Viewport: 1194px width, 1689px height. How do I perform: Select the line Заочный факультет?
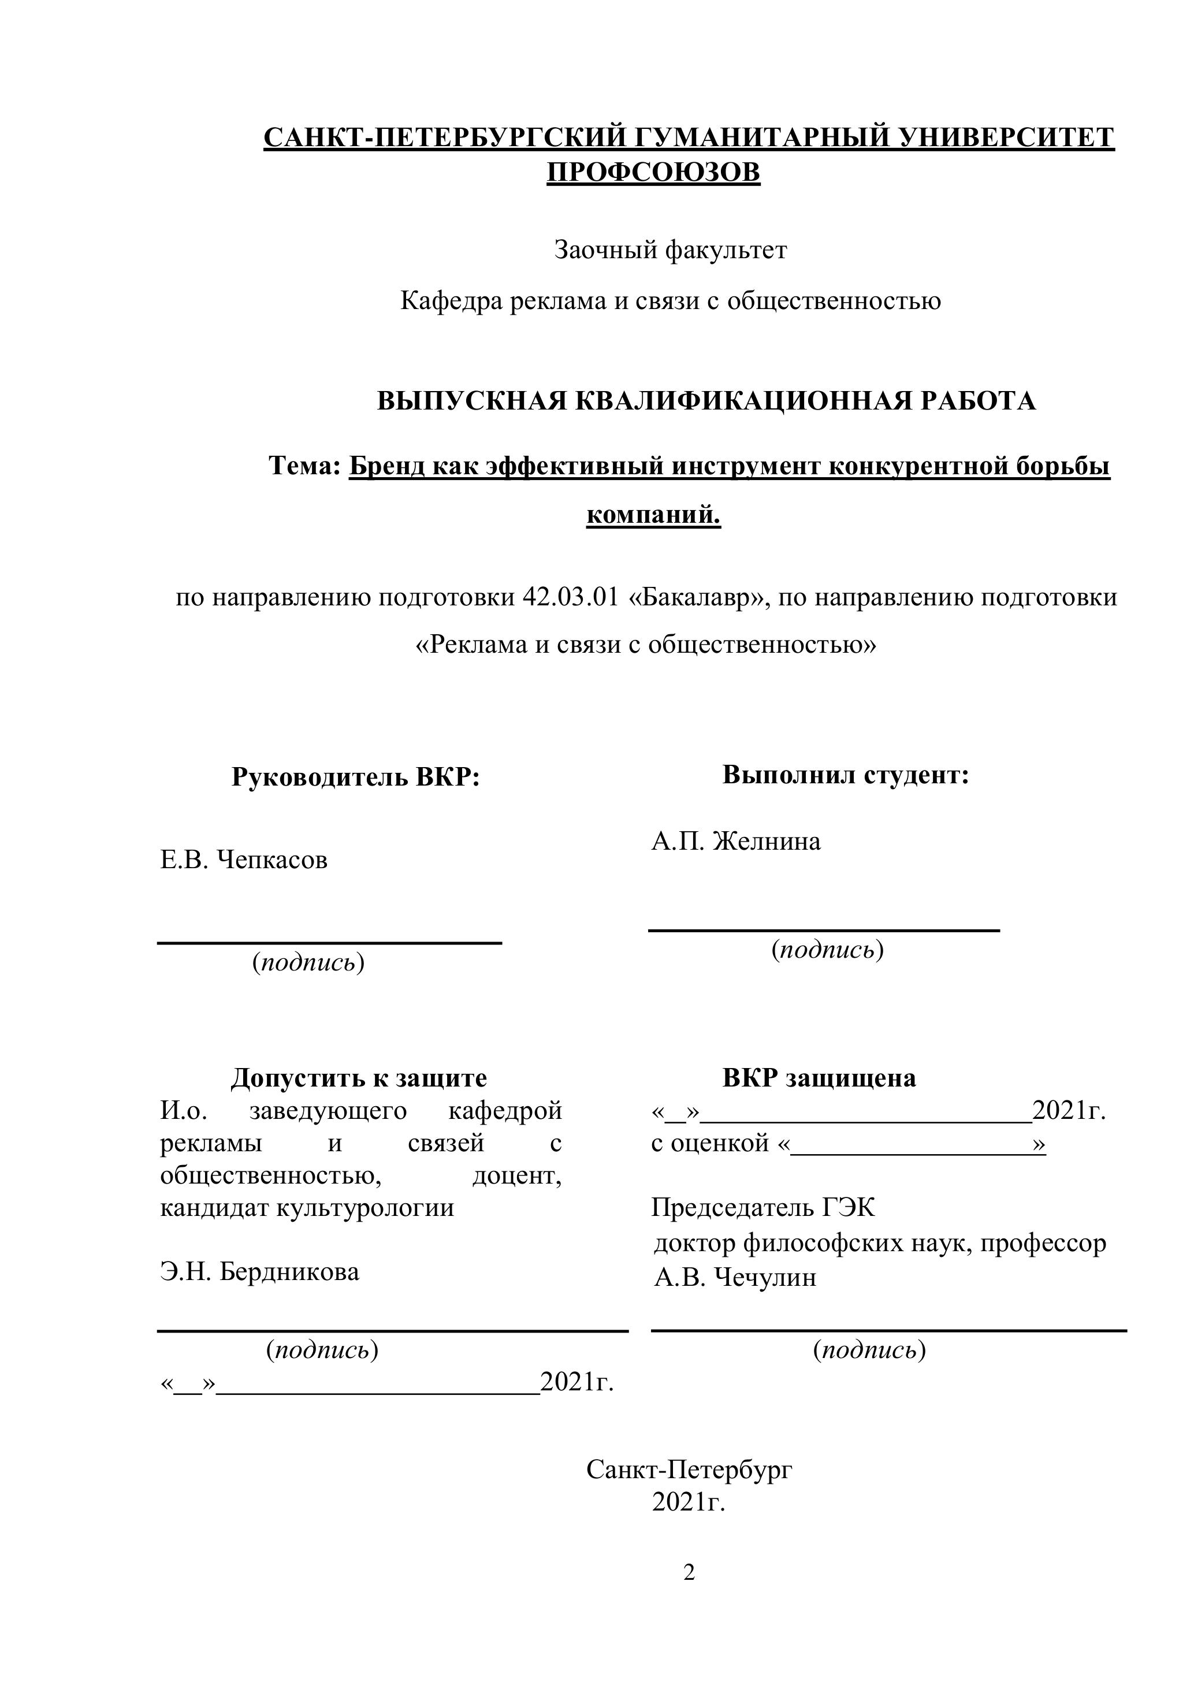point(670,251)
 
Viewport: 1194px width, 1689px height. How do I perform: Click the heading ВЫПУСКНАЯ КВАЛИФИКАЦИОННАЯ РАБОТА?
point(706,401)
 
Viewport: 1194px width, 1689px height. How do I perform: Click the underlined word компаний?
point(653,514)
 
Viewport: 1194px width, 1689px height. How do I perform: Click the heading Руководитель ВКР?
point(356,776)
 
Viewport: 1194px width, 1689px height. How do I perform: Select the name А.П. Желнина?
point(736,841)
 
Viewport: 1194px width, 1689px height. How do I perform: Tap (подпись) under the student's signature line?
point(827,950)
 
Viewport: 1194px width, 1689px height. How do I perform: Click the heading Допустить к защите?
point(359,1078)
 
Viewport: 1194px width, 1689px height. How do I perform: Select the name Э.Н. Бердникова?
point(260,1272)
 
